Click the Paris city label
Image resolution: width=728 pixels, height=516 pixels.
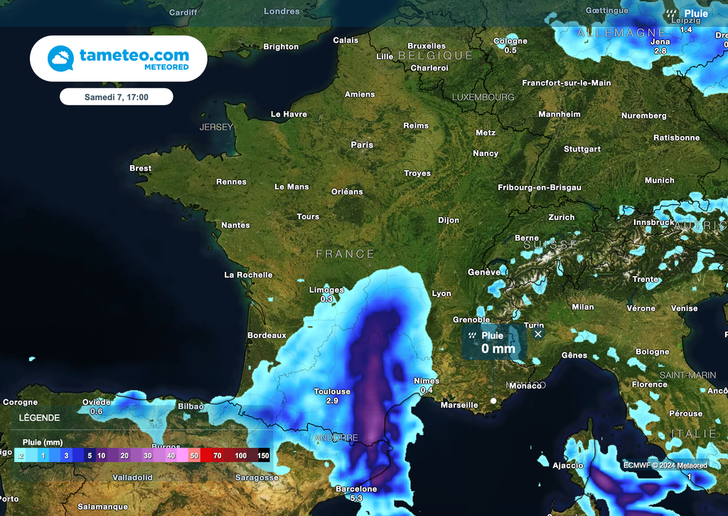click(x=362, y=144)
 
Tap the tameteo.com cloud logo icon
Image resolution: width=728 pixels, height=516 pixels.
click(x=60, y=58)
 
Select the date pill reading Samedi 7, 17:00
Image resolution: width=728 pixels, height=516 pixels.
click(x=116, y=96)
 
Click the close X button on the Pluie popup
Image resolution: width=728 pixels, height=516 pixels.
click(x=538, y=334)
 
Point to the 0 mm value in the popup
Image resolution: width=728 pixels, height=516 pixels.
click(x=498, y=349)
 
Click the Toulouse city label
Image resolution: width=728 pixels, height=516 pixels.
click(x=332, y=391)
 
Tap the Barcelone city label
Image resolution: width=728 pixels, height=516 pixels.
click(x=356, y=489)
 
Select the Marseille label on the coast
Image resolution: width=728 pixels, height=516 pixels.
click(x=459, y=405)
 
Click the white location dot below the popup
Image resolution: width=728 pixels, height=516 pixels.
click(x=493, y=401)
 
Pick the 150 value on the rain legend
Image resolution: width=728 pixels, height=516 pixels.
click(x=263, y=455)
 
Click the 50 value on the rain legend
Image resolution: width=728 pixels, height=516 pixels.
click(x=194, y=455)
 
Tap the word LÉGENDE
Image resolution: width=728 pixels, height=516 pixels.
click(x=39, y=418)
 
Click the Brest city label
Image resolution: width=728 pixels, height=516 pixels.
click(x=140, y=169)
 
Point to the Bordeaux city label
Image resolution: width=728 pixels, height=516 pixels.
click(x=267, y=335)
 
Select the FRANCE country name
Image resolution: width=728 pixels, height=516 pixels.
click(x=345, y=254)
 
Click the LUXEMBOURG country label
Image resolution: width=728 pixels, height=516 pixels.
click(x=483, y=97)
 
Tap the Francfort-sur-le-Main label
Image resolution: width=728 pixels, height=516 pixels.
click(x=566, y=83)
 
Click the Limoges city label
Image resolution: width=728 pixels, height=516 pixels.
click(x=326, y=290)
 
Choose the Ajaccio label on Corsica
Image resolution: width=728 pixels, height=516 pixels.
click(x=568, y=465)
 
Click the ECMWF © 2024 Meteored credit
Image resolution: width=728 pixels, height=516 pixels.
click(x=665, y=465)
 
